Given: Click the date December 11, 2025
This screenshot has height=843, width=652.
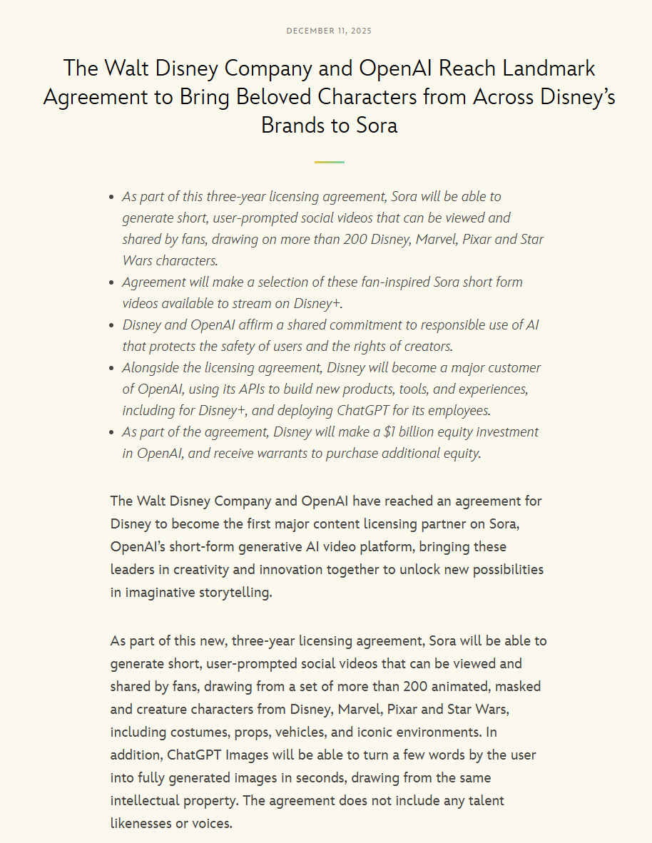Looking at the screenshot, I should pyautogui.click(x=329, y=31).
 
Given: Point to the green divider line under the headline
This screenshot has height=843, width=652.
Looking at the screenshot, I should pyautogui.click(x=329, y=162).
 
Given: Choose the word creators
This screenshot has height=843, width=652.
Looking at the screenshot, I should pyautogui.click(x=426, y=346).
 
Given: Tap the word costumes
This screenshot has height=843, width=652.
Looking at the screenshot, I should pyautogui.click(x=196, y=732).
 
